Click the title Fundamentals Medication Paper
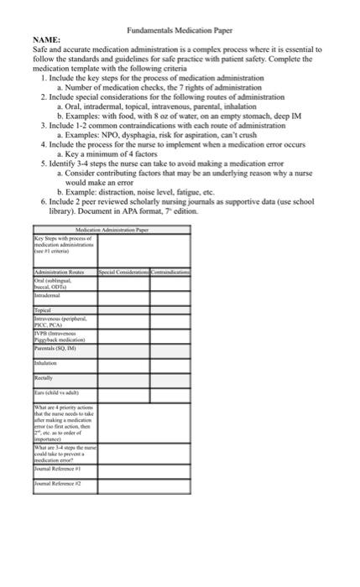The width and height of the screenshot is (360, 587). (x=180, y=29)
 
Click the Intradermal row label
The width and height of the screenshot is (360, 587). (x=49, y=296)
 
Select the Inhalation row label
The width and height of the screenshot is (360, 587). (x=48, y=364)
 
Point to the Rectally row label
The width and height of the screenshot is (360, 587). (x=45, y=377)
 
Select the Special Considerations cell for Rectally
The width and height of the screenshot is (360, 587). (x=123, y=379)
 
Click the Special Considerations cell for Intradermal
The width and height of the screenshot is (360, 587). (x=123, y=296)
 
